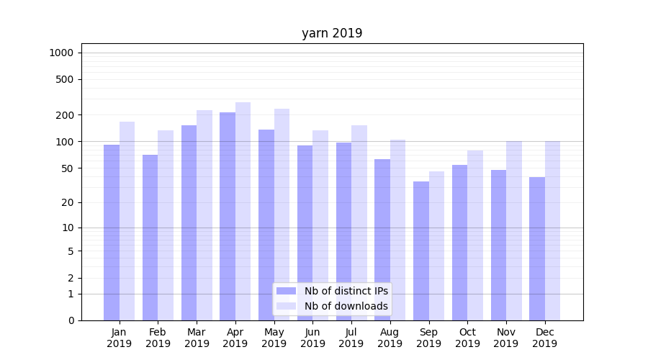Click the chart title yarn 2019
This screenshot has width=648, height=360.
click(x=332, y=33)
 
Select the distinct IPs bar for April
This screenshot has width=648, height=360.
click(x=228, y=216)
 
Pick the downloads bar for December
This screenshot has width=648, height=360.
click(x=552, y=230)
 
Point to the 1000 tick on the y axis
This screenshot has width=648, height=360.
click(x=61, y=53)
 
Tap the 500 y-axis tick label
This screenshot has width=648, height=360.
click(x=65, y=79)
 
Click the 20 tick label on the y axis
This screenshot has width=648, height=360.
click(x=68, y=202)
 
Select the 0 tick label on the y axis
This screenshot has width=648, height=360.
click(x=71, y=320)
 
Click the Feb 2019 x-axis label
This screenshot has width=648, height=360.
click(x=158, y=338)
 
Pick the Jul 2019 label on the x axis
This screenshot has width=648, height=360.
click(x=351, y=338)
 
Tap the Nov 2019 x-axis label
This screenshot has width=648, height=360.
click(x=506, y=338)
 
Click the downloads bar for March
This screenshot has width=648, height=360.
click(x=204, y=215)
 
